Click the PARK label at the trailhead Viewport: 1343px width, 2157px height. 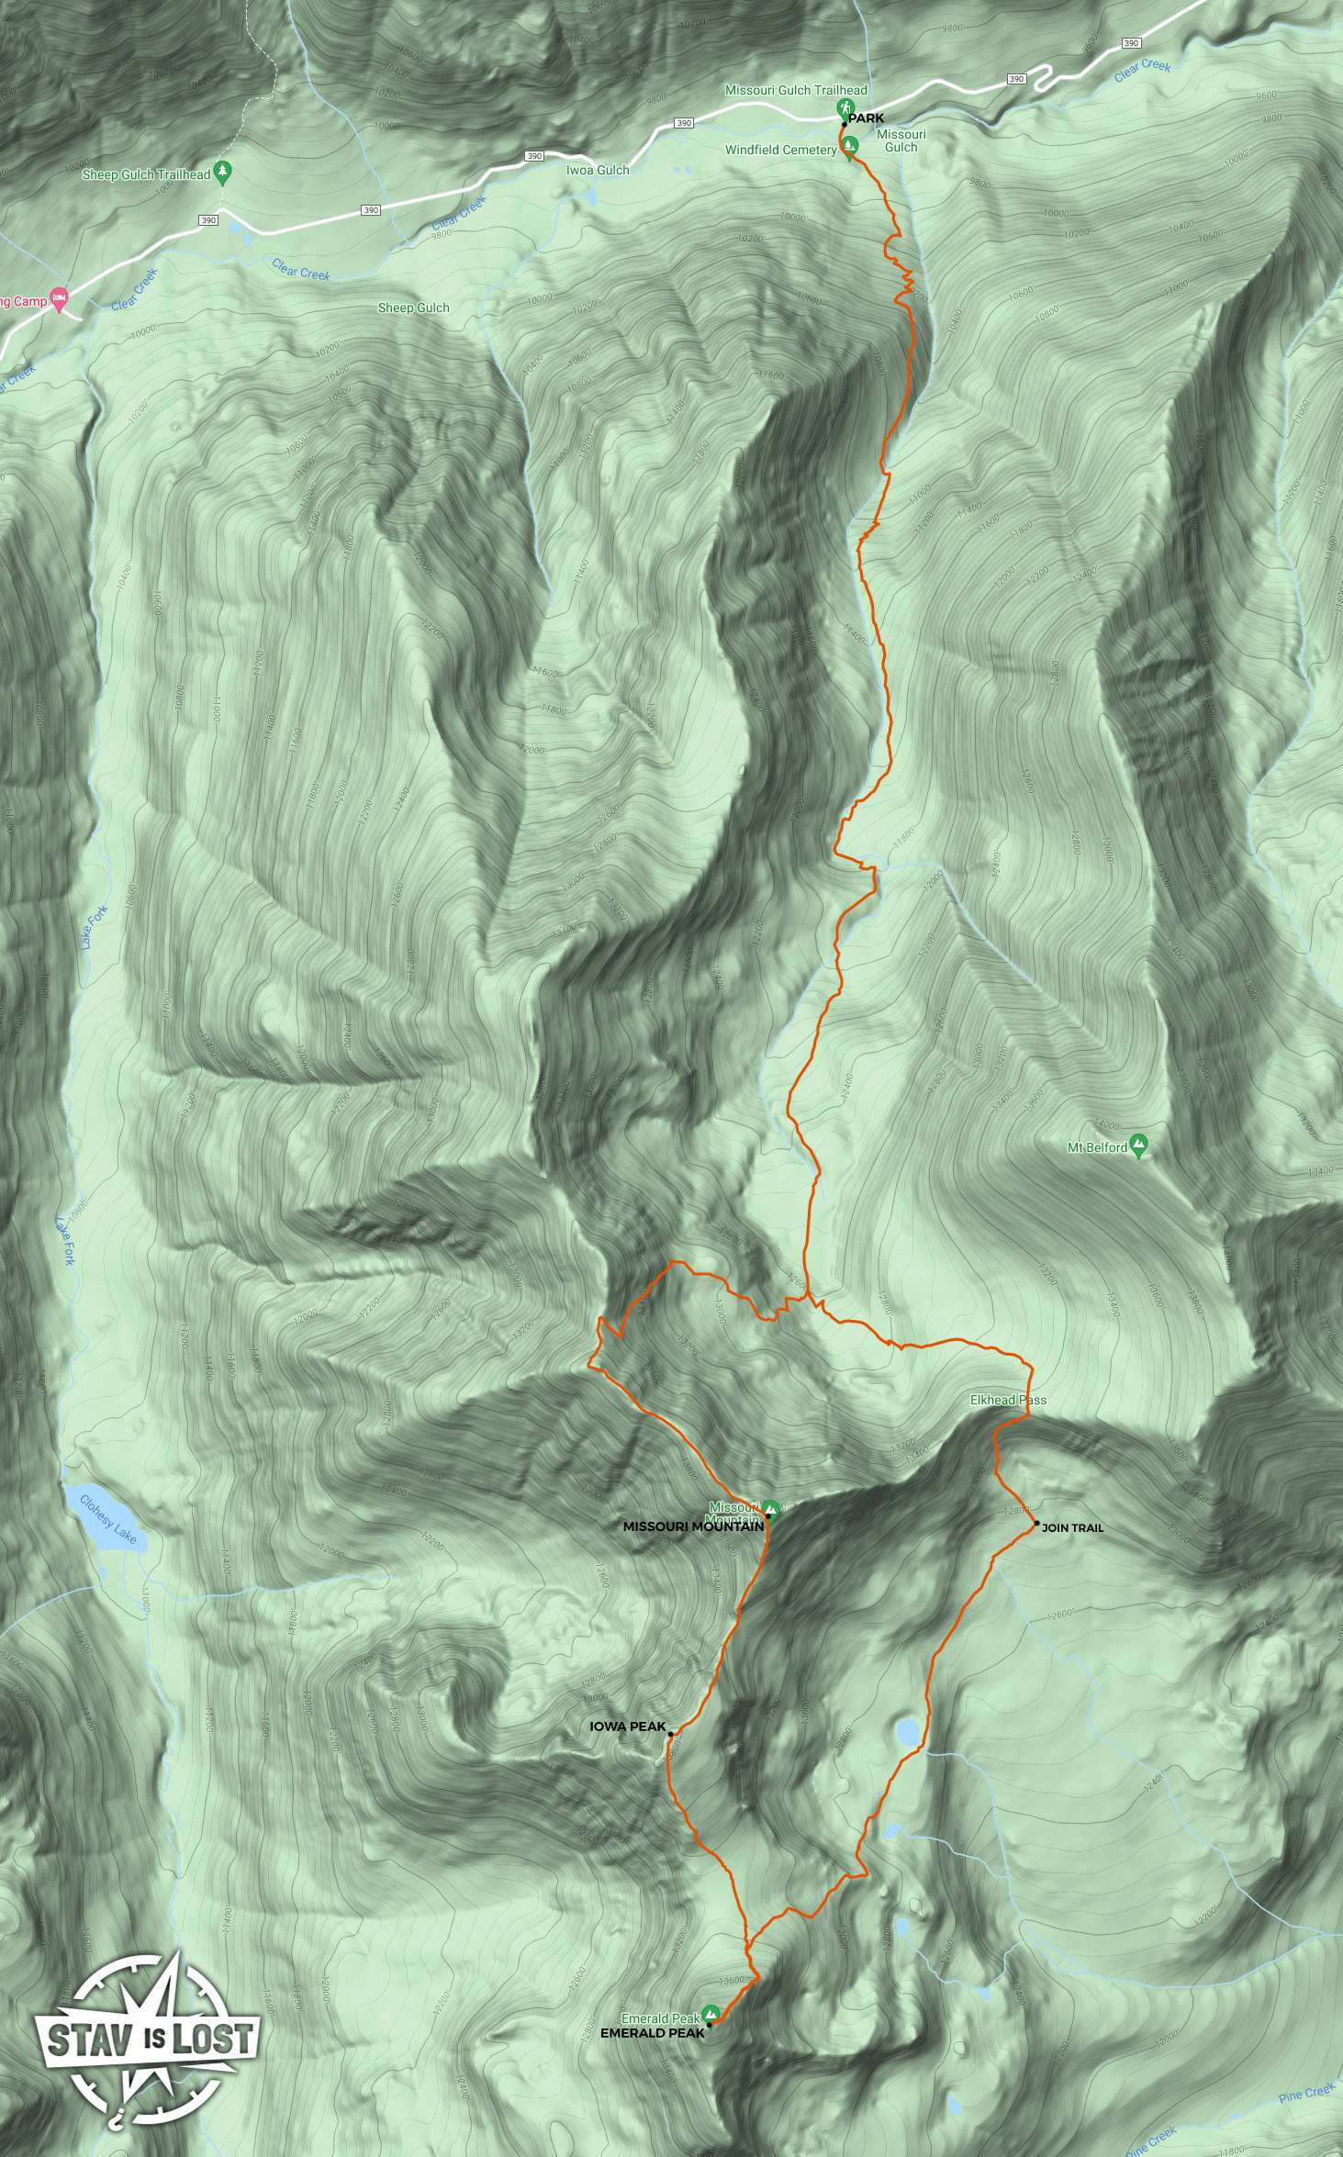click(866, 118)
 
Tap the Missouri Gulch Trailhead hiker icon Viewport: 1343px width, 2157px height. click(845, 108)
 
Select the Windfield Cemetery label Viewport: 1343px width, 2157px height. click(780, 150)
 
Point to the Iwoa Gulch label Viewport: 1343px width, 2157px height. click(598, 170)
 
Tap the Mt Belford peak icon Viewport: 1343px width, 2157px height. click(1139, 1145)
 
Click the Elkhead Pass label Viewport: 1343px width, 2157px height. click(1008, 1400)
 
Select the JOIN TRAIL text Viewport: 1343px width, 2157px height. click(1072, 1528)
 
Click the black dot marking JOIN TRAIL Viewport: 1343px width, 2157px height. click(1036, 1524)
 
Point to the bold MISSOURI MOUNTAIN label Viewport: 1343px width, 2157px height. click(693, 1526)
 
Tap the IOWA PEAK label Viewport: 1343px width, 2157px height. click(627, 1727)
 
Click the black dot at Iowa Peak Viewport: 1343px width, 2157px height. click(671, 1734)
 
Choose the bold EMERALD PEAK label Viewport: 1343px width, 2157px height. click(653, 2033)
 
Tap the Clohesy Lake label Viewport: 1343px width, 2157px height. click(108, 1520)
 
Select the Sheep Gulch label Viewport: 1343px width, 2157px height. click(413, 307)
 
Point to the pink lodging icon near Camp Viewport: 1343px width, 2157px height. click(60, 297)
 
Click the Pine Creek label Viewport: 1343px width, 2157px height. click(1306, 2093)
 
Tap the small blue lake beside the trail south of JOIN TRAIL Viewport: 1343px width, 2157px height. click(907, 1732)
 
